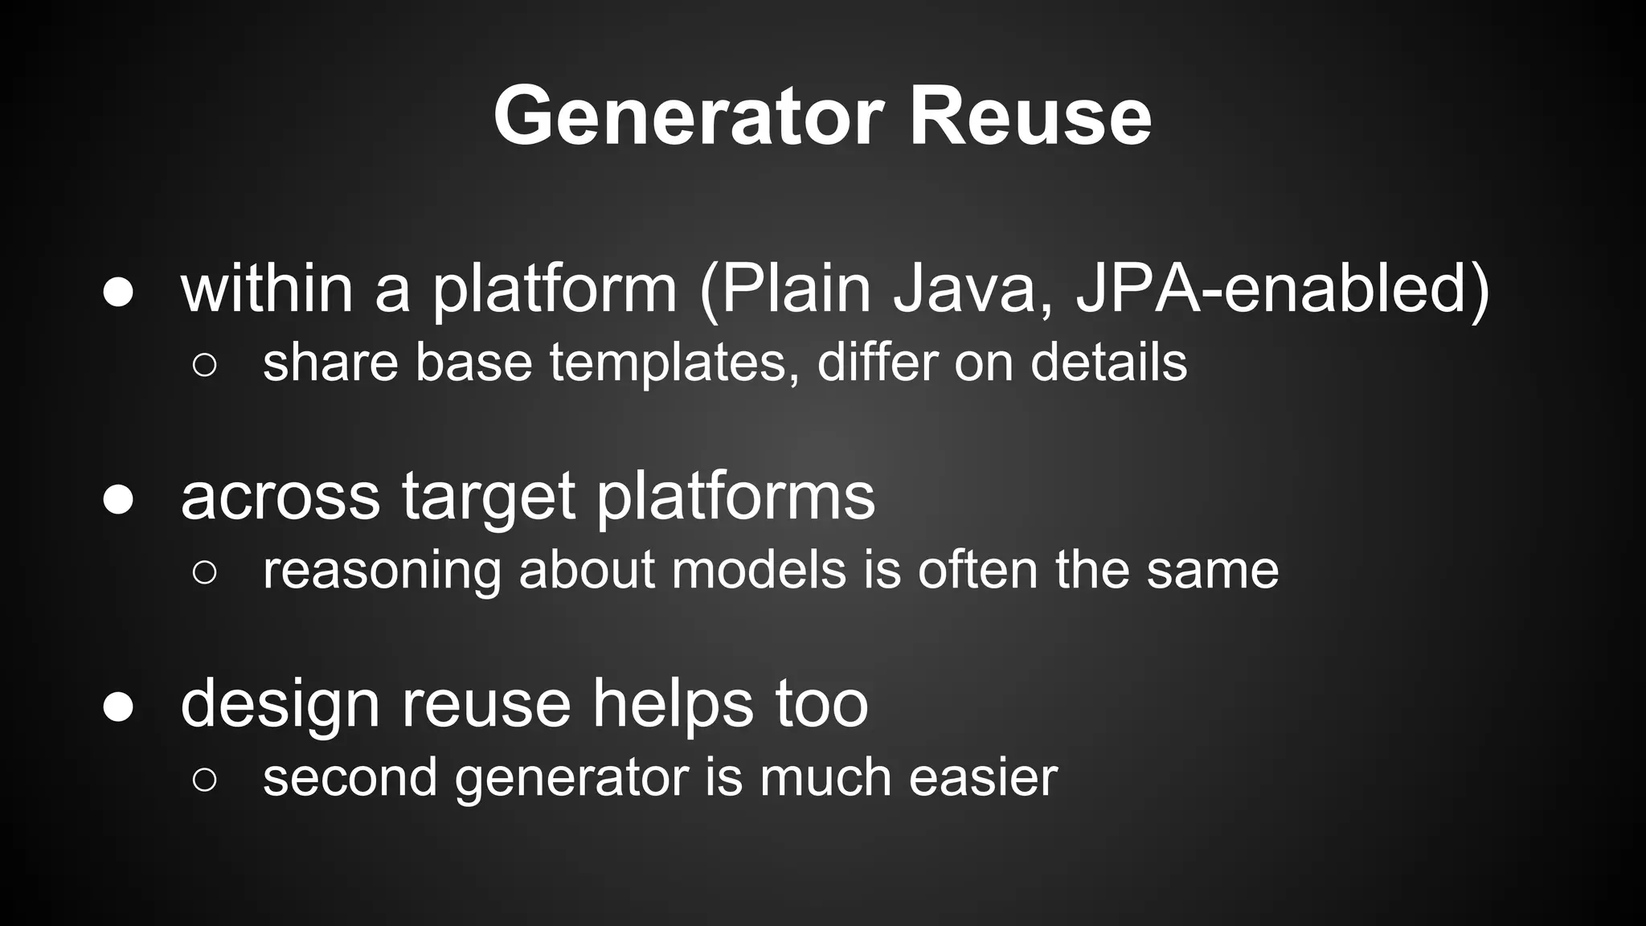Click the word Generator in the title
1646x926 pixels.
click(688, 117)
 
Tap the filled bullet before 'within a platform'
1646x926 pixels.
click(118, 293)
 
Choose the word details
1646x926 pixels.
click(1108, 362)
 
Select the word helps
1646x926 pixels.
click(673, 703)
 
